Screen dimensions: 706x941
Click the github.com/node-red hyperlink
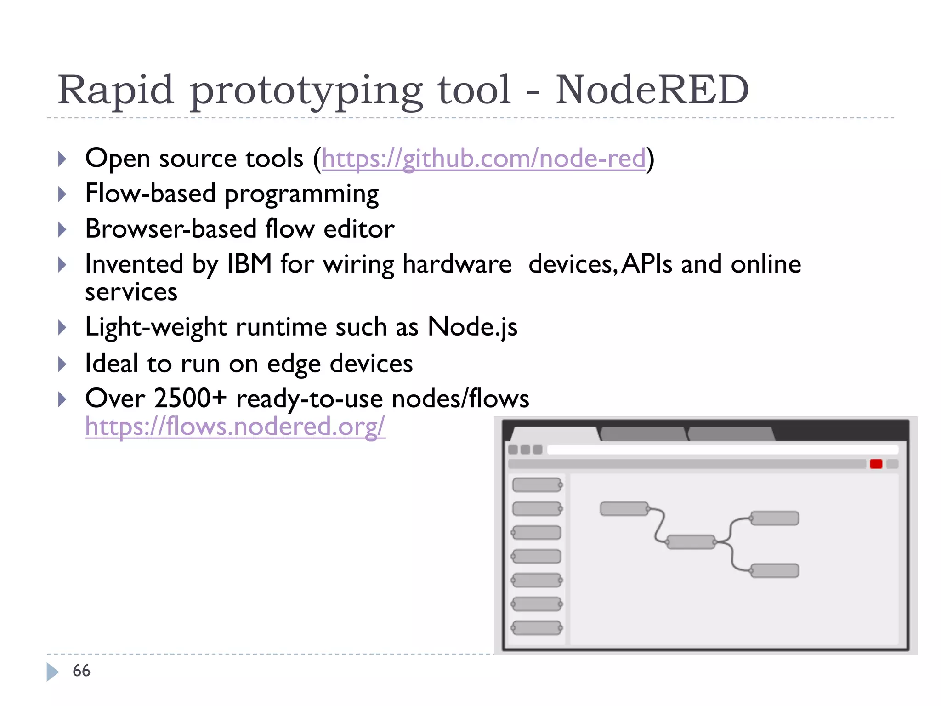point(483,159)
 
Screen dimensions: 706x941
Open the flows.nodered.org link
point(235,426)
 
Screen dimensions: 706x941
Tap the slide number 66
point(81,671)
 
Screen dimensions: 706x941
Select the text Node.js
point(472,327)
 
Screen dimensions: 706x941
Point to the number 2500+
point(190,398)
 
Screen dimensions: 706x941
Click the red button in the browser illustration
point(876,464)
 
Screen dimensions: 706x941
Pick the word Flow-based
point(150,194)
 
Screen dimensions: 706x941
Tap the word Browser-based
point(170,229)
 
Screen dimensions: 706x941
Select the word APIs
point(647,264)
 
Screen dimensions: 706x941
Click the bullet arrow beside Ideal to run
point(62,364)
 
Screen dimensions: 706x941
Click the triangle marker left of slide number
point(52,672)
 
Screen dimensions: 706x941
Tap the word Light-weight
point(156,327)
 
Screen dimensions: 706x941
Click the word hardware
point(457,264)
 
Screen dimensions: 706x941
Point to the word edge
point(294,364)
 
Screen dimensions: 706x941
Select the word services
point(131,292)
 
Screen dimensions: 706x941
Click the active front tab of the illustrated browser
point(555,434)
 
